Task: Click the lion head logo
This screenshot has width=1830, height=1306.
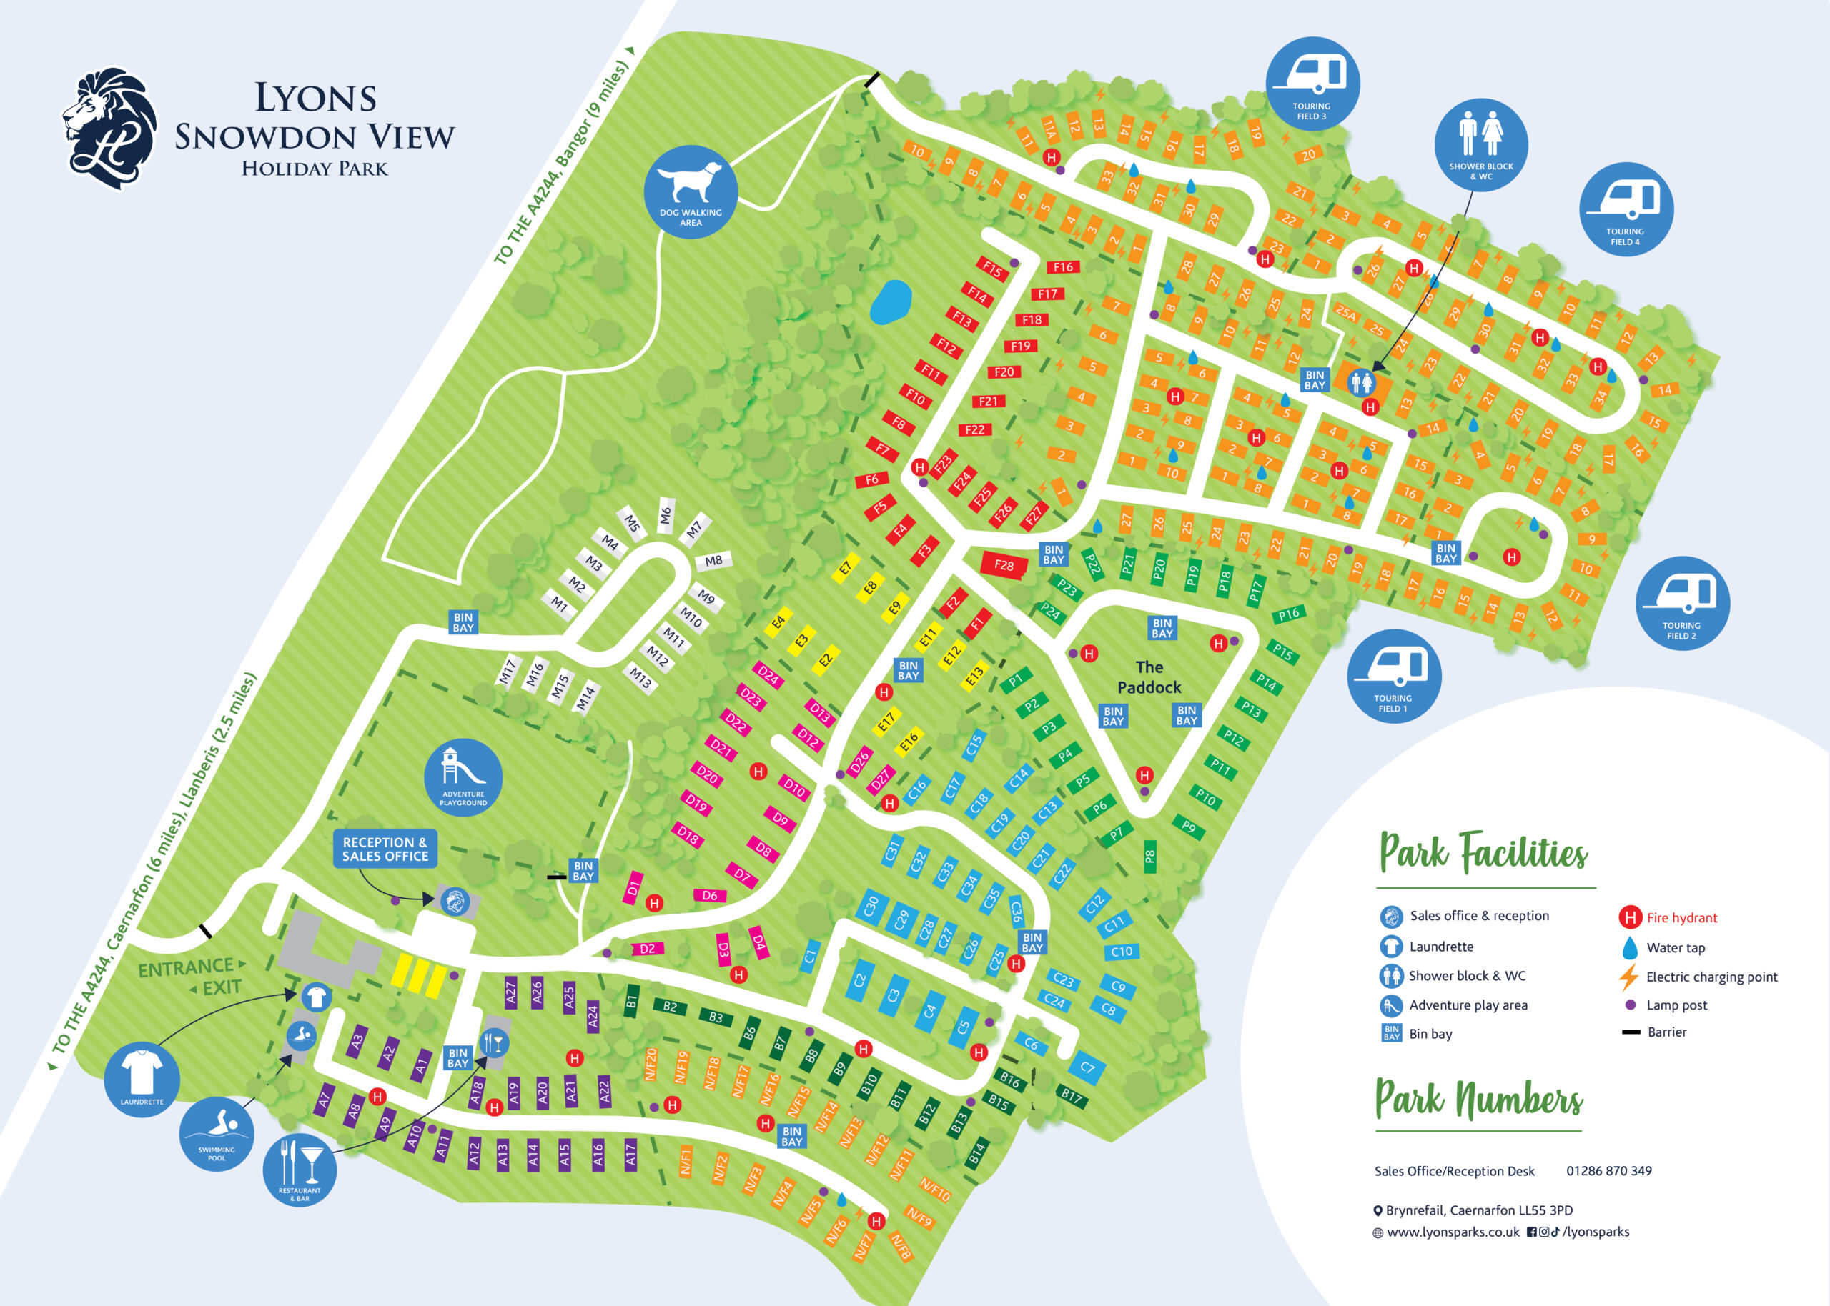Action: pos(110,129)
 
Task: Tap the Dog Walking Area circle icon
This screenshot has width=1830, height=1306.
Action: pos(690,191)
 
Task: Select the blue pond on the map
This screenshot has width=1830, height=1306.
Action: pos(891,302)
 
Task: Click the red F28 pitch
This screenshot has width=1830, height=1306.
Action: pos(1004,564)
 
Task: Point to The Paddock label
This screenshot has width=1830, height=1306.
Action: pos(1149,677)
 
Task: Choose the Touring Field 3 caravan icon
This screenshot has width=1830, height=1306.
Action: pos(1312,84)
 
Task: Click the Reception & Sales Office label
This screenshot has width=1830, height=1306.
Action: pos(385,849)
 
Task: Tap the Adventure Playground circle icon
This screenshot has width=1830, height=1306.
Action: pos(463,777)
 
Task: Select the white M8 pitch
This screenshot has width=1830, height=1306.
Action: pos(713,561)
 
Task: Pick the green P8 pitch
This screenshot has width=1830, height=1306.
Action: pos(1150,857)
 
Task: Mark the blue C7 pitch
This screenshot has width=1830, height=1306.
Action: pos(1087,1067)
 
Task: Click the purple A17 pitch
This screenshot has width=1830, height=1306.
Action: pos(630,1154)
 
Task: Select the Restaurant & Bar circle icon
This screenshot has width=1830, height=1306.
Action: pos(300,1171)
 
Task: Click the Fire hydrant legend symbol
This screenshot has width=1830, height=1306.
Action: pos(1630,917)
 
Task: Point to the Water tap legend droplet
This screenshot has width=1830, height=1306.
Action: pos(1630,947)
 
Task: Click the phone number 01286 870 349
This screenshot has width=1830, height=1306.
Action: pos(1609,1171)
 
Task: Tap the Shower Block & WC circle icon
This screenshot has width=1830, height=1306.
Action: pos(1481,145)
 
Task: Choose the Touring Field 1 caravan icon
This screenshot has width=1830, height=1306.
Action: pos(1394,676)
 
